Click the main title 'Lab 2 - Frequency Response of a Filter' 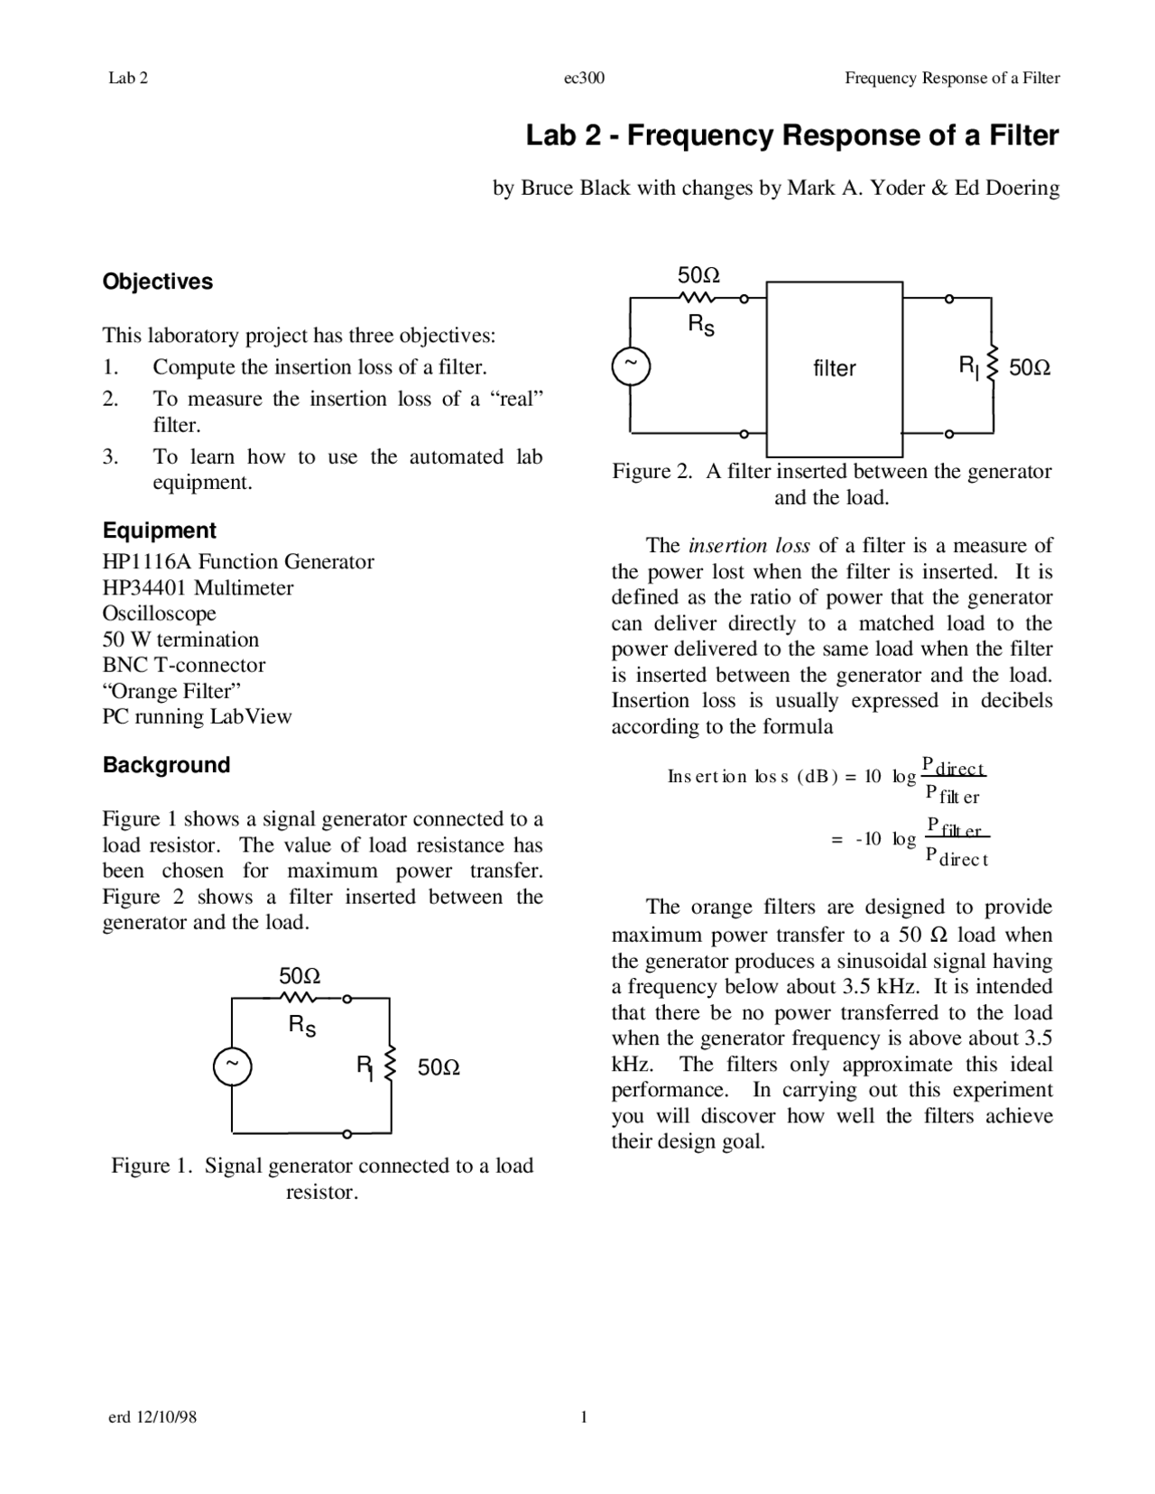tap(791, 136)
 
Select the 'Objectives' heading tap(158, 281)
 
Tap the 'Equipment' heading tap(159, 530)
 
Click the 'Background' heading tap(166, 765)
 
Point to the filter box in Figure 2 tap(834, 368)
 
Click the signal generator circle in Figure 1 tap(232, 1066)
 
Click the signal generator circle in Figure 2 tap(631, 365)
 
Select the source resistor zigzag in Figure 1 tap(298, 998)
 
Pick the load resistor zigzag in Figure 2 tap(993, 364)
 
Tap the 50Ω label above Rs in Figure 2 tap(699, 274)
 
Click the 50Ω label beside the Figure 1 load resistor tap(439, 1068)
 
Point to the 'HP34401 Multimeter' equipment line tap(198, 588)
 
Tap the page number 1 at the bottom tap(584, 1417)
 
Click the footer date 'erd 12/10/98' tap(152, 1417)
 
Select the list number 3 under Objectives tap(110, 457)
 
